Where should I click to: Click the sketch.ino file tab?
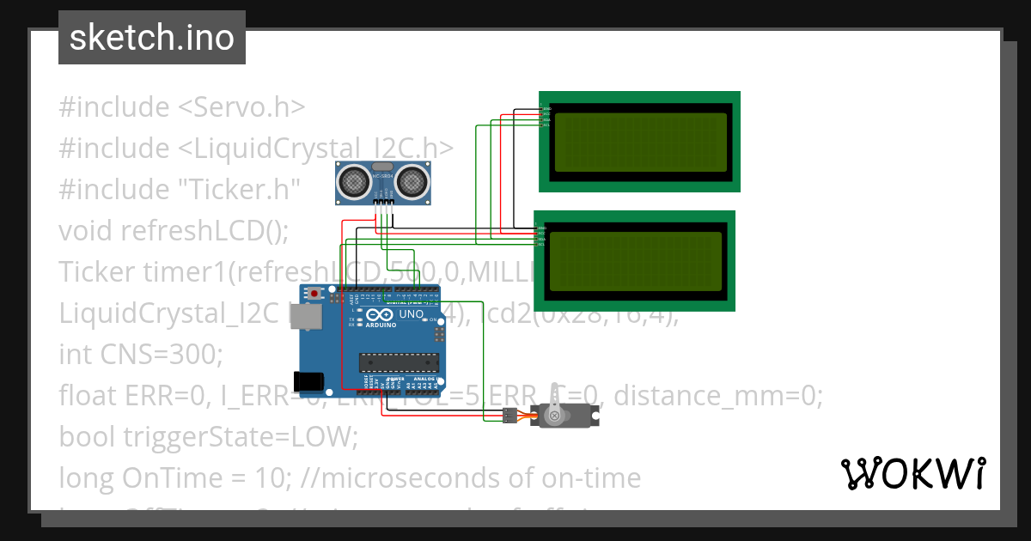[151, 38]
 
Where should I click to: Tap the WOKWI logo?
[912, 473]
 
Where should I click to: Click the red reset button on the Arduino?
[315, 295]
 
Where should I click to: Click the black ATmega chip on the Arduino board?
[399, 363]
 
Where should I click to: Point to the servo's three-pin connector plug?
[509, 416]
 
